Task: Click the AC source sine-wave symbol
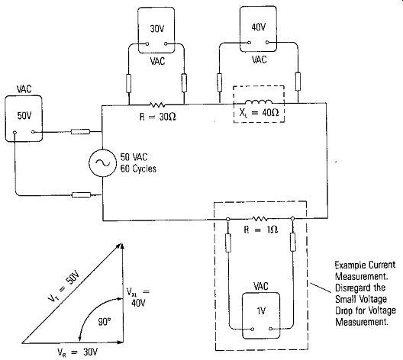tap(102, 162)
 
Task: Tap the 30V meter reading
tap(156, 29)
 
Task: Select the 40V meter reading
tap(258, 27)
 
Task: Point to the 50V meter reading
tap(24, 116)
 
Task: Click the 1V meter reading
tap(261, 311)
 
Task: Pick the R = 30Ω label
tap(157, 117)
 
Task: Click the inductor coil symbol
tap(259, 101)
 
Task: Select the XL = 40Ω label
tap(259, 113)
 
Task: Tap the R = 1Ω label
tap(260, 229)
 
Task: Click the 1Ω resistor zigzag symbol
tap(260, 219)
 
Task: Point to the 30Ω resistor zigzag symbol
tap(157, 104)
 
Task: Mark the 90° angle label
tap(105, 321)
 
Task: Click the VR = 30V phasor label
tap(77, 352)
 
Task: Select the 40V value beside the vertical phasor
tap(138, 303)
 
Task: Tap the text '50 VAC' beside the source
tap(134, 157)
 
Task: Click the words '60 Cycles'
tap(138, 169)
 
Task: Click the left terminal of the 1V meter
tap(253, 329)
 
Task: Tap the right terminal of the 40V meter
tap(267, 42)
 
